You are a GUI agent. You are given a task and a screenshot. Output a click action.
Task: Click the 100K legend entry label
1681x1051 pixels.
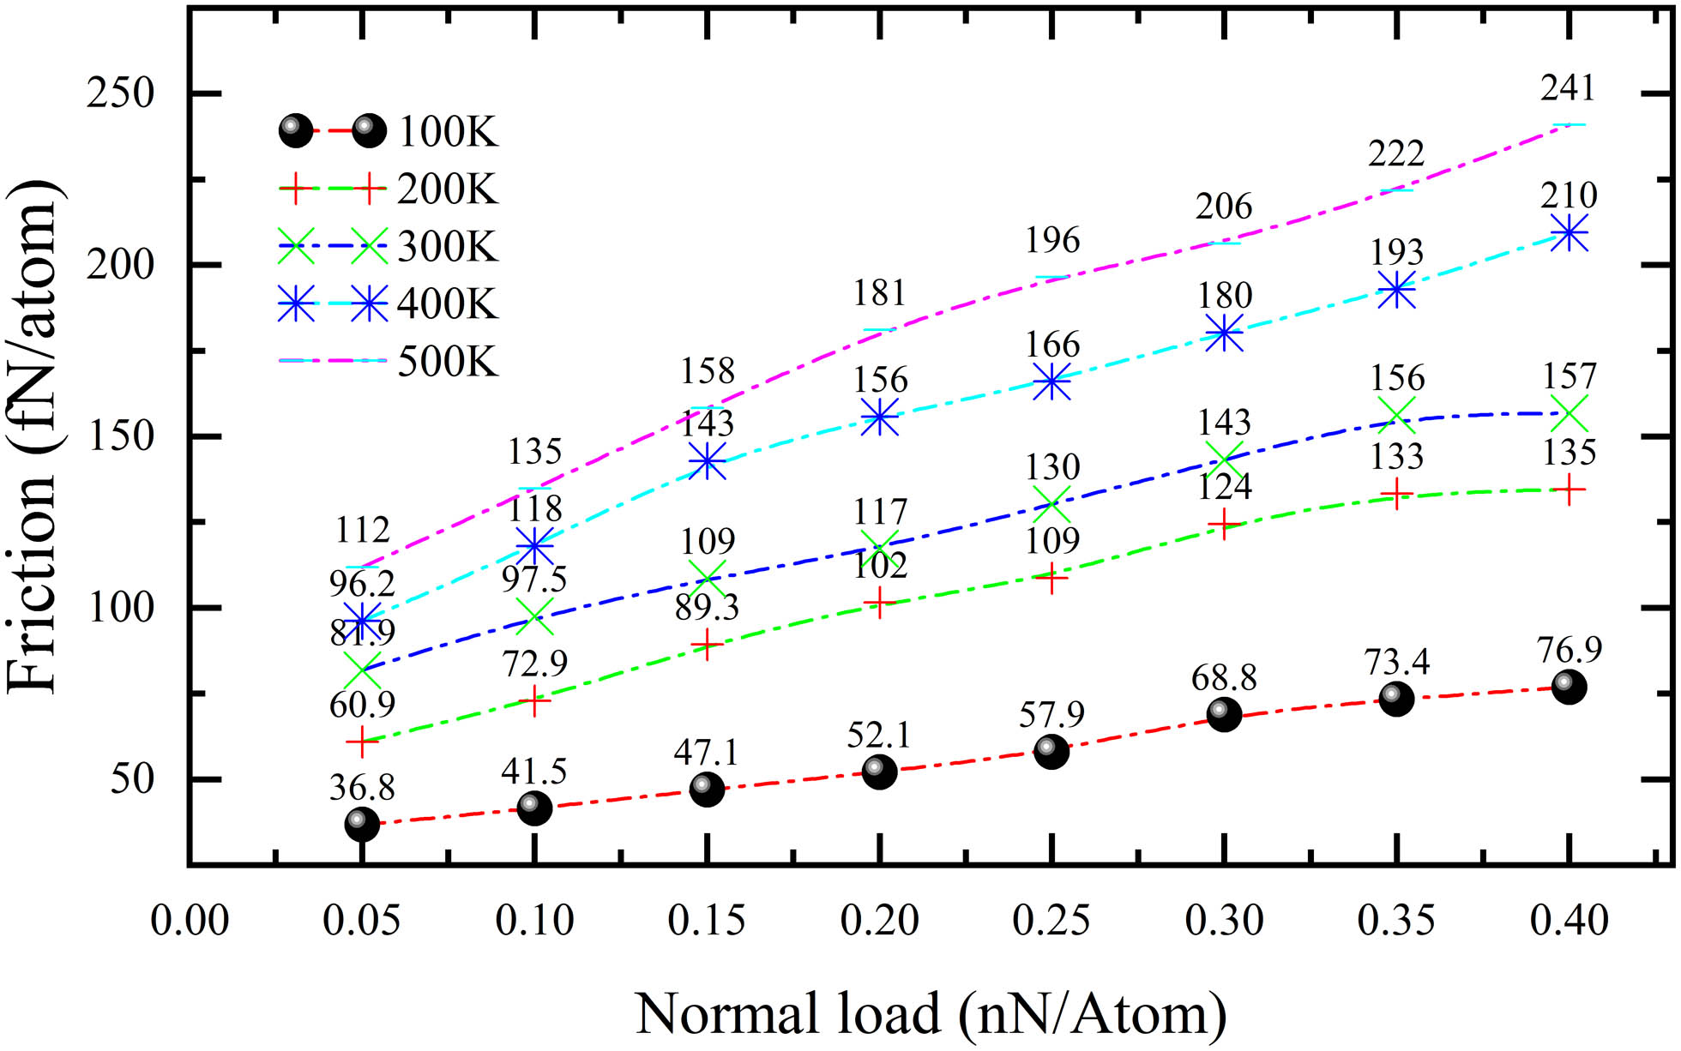pos(448,133)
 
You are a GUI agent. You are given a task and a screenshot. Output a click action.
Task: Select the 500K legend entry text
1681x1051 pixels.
pos(448,362)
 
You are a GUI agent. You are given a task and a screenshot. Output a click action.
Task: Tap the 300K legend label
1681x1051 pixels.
pos(448,247)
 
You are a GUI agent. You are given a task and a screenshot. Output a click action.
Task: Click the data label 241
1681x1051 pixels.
pos(1568,88)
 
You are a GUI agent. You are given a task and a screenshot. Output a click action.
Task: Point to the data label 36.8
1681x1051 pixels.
pos(362,787)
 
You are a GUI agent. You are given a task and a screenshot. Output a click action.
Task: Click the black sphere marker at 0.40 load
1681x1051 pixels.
pos(1569,687)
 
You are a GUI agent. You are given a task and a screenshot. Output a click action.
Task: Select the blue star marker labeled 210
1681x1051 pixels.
pos(1569,233)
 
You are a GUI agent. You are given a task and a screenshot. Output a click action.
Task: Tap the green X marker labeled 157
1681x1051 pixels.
pos(1569,414)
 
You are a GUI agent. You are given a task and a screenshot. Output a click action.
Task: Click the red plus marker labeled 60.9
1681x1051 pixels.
pos(362,742)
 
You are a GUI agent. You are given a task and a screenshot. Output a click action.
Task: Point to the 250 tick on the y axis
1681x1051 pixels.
pos(120,93)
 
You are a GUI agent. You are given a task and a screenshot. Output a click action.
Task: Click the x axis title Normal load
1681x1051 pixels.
pos(931,1013)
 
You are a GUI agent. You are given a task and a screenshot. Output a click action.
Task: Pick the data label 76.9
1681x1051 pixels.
pos(1570,650)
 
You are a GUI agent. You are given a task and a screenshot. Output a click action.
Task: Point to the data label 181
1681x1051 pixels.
pos(879,294)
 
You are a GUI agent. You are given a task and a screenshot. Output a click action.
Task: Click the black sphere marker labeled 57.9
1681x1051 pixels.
pos(1051,751)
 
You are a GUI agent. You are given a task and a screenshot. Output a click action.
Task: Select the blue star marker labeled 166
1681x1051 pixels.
pos(1051,382)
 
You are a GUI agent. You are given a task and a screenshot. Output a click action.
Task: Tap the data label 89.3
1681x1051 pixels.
pos(707,607)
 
